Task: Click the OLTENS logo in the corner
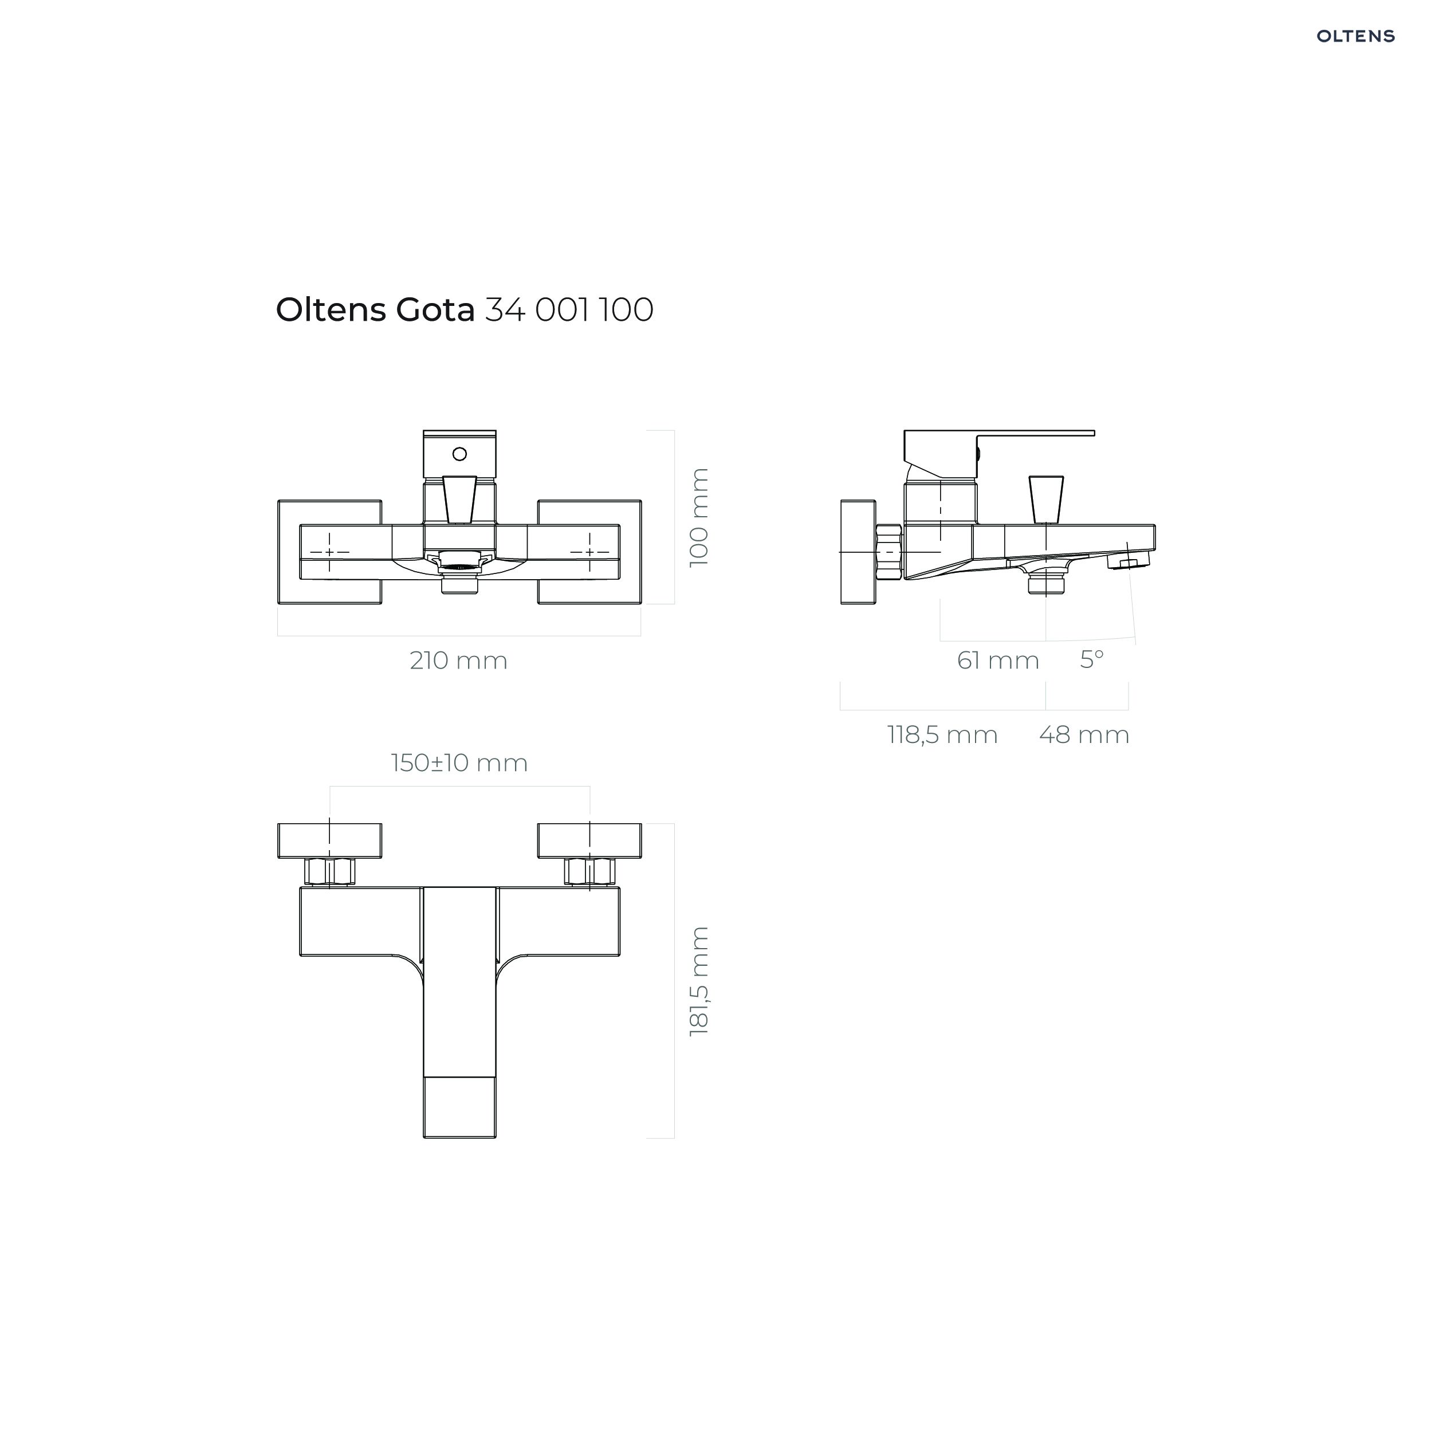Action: pos(1355,36)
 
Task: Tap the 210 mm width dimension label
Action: pos(458,660)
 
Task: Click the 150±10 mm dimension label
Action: pos(459,763)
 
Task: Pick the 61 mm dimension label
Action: pos(998,660)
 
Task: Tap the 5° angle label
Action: pos(1092,658)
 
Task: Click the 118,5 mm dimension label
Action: pos(943,735)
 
